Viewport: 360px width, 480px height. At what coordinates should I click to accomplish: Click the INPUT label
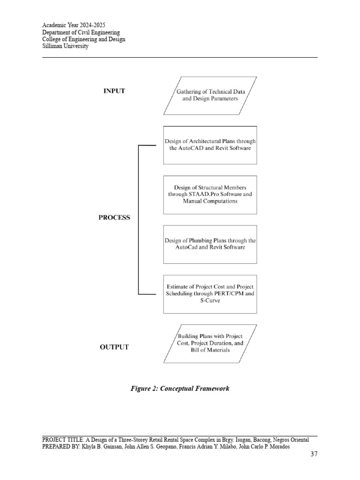(x=114, y=91)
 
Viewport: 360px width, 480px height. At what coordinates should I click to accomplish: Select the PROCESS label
(x=114, y=217)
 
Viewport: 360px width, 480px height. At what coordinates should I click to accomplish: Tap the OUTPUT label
(x=114, y=347)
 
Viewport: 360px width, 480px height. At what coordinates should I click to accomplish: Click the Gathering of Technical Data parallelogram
(x=210, y=95)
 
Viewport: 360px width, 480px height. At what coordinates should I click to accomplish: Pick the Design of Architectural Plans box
(x=210, y=144)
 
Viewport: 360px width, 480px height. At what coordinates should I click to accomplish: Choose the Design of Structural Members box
(x=210, y=194)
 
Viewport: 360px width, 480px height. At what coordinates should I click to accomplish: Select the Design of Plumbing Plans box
(x=210, y=244)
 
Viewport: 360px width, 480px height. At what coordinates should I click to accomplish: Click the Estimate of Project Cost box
(x=210, y=294)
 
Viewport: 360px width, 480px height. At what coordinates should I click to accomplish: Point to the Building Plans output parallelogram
(x=210, y=343)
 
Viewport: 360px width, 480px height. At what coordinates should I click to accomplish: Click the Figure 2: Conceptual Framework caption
(x=180, y=389)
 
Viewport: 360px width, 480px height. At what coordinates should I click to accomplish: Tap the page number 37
(x=314, y=454)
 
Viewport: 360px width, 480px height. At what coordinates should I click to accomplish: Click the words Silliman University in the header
(x=65, y=46)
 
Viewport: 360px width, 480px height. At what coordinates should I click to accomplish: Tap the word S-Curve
(x=210, y=301)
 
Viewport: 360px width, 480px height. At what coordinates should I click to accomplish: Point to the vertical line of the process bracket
(x=138, y=219)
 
